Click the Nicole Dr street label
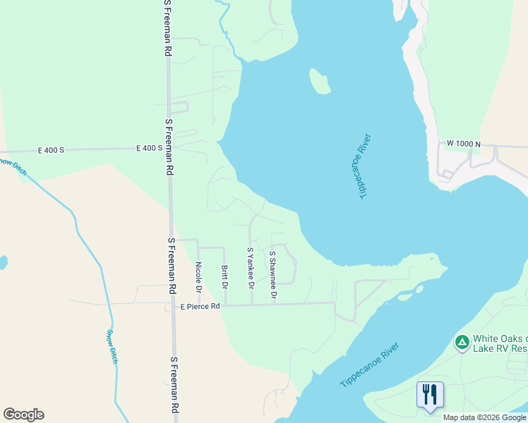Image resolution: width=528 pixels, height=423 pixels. tap(198, 277)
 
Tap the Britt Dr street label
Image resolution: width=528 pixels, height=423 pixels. tap(224, 277)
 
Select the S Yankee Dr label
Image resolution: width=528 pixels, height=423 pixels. tap(250, 268)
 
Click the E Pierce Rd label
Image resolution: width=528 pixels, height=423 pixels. tap(200, 307)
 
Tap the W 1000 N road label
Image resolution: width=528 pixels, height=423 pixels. tap(463, 144)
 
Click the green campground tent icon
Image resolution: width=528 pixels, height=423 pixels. tap(462, 343)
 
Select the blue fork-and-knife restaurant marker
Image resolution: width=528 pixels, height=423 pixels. tap(430, 394)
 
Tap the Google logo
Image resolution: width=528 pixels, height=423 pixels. tap(23, 415)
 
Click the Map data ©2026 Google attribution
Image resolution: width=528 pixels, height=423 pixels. tap(484, 417)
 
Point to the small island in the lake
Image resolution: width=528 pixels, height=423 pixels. tap(319, 81)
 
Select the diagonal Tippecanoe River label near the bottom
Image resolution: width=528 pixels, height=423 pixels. tap(369, 364)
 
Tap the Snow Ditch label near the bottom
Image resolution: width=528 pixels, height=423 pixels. tap(112, 346)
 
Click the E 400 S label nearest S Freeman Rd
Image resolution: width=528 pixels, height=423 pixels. tap(149, 148)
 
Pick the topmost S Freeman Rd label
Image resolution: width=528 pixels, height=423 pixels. tap(168, 28)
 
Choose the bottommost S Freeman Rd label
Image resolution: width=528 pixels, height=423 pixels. tap(174, 385)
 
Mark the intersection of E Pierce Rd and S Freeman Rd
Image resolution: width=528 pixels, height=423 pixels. tap(172, 305)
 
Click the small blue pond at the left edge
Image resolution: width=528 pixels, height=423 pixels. tap(3, 263)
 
